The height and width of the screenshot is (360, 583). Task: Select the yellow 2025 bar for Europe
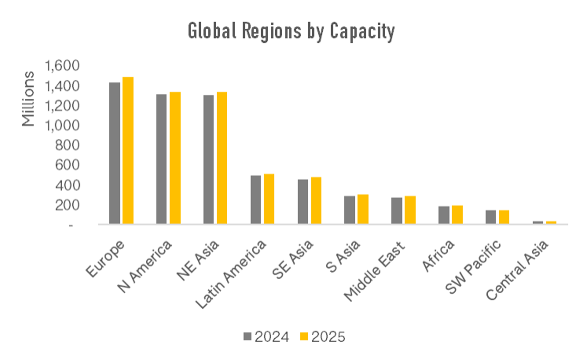pyautogui.click(x=128, y=150)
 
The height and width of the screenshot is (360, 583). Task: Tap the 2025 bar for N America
pyautogui.click(x=175, y=158)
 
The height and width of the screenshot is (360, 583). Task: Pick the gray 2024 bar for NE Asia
pyautogui.click(x=209, y=159)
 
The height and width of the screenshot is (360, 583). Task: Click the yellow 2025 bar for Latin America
pyautogui.click(x=269, y=199)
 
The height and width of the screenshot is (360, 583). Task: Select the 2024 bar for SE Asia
pyautogui.click(x=303, y=201)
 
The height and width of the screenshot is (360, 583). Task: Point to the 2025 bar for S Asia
pyautogui.click(x=363, y=209)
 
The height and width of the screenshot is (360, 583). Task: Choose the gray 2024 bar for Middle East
pyautogui.click(x=397, y=210)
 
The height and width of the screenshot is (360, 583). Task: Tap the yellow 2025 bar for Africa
pyautogui.click(x=457, y=214)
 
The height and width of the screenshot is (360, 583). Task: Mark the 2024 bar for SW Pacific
pyautogui.click(x=490, y=217)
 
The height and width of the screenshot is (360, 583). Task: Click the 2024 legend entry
pyautogui.click(x=267, y=337)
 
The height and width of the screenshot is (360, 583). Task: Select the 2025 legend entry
pyautogui.click(x=323, y=337)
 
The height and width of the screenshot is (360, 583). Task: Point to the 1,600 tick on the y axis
pyautogui.click(x=62, y=66)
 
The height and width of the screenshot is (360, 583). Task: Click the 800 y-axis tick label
pyautogui.click(x=68, y=145)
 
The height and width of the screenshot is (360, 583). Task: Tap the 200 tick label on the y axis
pyautogui.click(x=68, y=205)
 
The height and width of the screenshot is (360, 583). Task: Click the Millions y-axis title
pyautogui.click(x=28, y=99)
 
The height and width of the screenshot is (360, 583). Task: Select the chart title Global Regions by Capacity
pyautogui.click(x=291, y=31)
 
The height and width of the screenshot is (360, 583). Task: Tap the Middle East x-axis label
pyautogui.click(x=374, y=271)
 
